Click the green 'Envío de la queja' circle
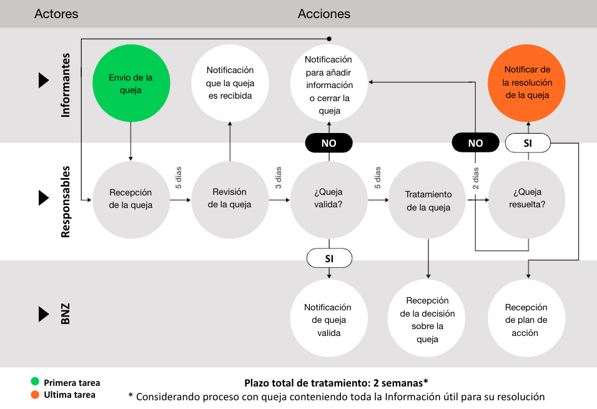point(131,84)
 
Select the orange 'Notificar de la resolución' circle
point(528,83)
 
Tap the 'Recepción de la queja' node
point(131,199)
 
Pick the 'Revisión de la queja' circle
point(229,199)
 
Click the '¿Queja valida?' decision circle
point(328,199)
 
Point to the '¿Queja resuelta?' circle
point(528,199)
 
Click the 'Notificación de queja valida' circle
point(328,320)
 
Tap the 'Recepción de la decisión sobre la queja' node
point(428,320)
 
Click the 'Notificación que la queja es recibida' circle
point(229,83)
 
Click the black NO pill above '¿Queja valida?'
point(328,143)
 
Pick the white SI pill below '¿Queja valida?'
point(329,257)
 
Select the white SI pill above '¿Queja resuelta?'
point(528,144)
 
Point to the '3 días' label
point(279,177)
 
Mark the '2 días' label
point(476,179)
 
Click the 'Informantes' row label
point(66,86)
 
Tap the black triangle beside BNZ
point(43,313)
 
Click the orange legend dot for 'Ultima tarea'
point(35,395)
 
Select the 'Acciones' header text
point(324,14)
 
